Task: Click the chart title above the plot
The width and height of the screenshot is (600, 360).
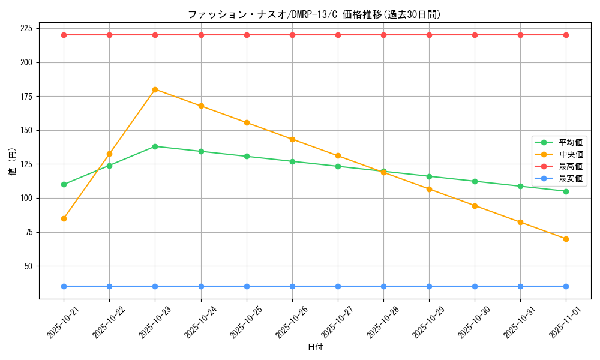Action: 314,14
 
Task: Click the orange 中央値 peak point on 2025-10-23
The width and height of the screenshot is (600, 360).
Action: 155,89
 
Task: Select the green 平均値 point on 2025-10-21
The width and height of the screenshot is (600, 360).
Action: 64,184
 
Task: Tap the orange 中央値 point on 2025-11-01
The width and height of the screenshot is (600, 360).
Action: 566,239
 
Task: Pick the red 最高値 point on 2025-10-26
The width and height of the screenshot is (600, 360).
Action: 292,35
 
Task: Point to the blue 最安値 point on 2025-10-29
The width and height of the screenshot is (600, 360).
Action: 429,286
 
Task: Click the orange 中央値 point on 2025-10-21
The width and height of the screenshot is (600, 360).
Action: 64,218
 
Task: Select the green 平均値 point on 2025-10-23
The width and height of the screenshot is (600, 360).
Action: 155,146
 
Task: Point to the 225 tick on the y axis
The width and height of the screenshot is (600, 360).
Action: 26,28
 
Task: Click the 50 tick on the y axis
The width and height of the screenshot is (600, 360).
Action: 28,266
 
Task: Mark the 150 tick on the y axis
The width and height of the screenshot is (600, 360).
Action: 26,130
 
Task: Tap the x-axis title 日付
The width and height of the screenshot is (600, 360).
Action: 314,347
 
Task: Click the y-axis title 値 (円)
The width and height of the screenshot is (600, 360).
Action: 12,163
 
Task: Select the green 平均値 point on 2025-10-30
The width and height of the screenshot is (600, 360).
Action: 475,181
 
